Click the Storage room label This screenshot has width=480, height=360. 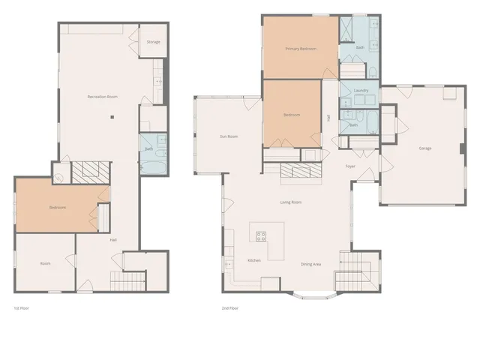[153, 42]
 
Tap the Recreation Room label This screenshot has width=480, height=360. [102, 97]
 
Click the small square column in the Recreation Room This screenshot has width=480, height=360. [112, 116]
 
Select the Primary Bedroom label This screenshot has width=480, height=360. [301, 49]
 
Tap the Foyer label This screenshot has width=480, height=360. [350, 166]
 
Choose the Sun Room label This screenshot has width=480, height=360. [228, 136]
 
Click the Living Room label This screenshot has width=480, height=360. [290, 202]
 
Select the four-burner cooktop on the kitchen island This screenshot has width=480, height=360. [262, 237]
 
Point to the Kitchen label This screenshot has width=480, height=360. [253, 261]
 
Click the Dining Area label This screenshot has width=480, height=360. [311, 264]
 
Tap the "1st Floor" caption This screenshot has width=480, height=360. [22, 308]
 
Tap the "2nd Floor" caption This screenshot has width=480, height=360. [229, 308]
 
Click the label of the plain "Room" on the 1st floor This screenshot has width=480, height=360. [45, 263]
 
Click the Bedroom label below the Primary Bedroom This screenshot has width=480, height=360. [291, 115]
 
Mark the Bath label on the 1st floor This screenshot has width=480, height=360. [148, 150]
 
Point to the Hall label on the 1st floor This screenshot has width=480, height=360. [113, 240]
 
